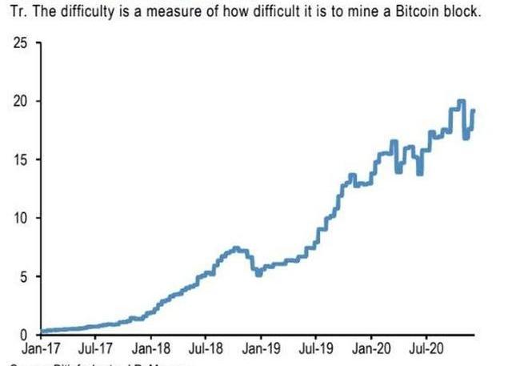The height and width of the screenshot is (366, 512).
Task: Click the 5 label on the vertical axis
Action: [x=23, y=276]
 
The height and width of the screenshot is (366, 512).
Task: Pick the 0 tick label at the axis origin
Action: [x=23, y=334]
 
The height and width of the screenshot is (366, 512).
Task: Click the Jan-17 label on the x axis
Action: [x=39, y=349]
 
